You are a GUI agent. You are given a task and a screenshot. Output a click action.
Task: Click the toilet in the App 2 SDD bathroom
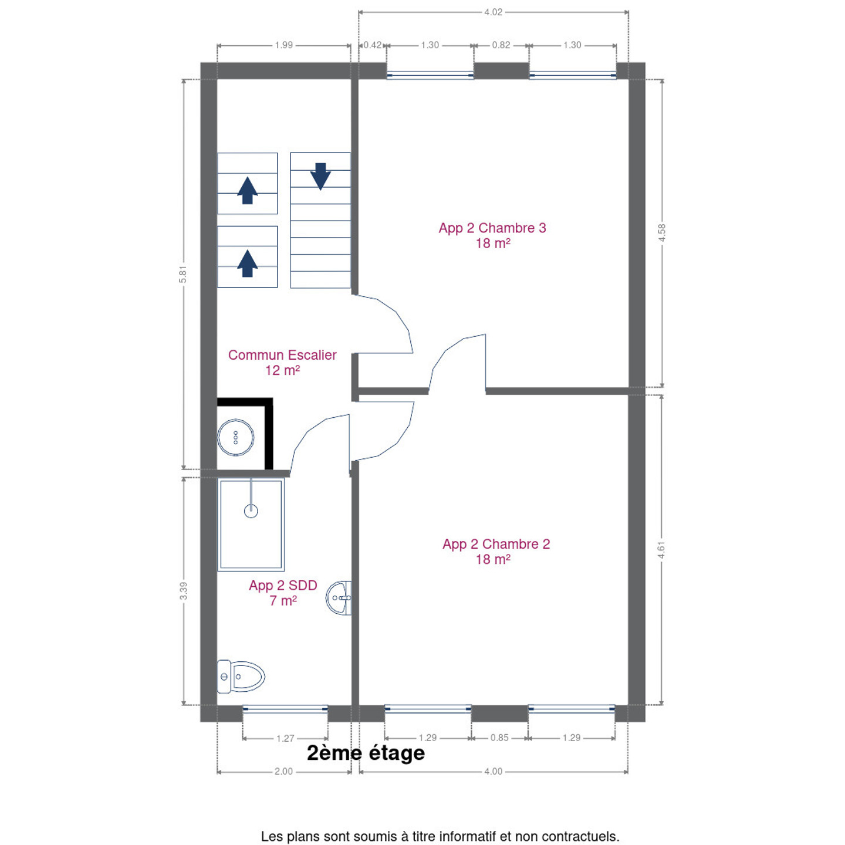[241, 677]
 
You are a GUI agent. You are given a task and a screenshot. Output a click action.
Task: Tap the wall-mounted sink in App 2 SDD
[339, 598]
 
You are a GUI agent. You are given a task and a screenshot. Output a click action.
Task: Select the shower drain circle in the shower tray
[251, 511]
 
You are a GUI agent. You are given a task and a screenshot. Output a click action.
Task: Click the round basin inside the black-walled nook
[235, 437]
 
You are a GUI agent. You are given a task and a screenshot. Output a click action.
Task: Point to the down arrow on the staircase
[320, 176]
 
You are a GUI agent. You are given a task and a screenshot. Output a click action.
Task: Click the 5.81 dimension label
[183, 274]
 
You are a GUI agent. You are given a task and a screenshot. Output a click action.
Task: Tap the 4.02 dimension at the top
[494, 12]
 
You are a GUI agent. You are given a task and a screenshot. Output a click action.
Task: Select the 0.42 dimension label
[372, 45]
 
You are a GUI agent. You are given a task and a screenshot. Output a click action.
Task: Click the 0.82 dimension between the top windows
[501, 45]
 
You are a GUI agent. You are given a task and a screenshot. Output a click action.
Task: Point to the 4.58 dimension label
[662, 232]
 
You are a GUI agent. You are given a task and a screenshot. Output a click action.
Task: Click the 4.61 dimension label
[661, 550]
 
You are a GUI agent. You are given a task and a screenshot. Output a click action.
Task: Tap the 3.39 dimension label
[183, 591]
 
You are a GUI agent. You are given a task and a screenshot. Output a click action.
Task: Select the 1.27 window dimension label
[285, 738]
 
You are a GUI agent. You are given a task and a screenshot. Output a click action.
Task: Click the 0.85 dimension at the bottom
[499, 738]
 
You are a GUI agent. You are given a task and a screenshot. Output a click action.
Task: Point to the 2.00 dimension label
[283, 771]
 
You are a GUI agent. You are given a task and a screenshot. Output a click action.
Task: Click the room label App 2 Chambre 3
[492, 228]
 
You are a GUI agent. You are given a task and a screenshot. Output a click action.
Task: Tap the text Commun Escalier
[282, 355]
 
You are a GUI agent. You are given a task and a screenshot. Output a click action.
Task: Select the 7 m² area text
[283, 600]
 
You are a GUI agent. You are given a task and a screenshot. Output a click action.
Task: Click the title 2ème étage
[366, 753]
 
